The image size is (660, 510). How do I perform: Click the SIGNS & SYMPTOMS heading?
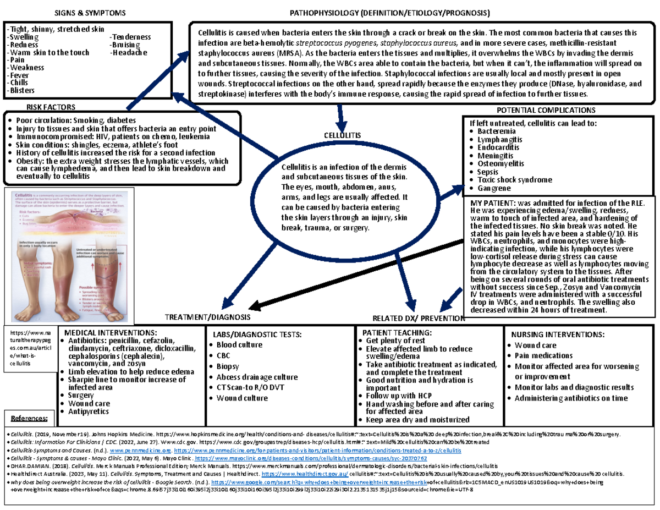coord(92,12)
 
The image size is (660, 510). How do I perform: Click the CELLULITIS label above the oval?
coord(342,135)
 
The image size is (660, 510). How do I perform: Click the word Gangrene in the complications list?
coord(494,188)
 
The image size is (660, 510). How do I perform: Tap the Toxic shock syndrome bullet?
coord(514,180)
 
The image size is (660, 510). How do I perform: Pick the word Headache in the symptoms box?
coord(129,53)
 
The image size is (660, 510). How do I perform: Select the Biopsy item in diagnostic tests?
coord(228,366)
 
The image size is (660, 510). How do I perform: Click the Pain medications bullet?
coord(543,356)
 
